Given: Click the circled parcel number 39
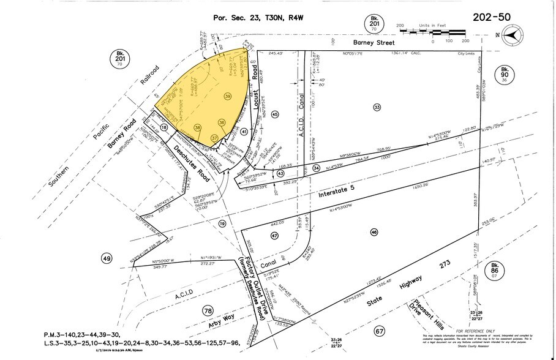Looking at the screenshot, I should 227,97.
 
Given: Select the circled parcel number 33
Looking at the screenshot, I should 377,107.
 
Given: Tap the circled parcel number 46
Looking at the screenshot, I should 373,231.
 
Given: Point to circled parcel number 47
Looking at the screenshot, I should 274,236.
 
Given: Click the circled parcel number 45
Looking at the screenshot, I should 275,114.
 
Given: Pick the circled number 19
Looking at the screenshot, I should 222,225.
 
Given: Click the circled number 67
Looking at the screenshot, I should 379,331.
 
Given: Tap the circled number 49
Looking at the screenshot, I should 107,260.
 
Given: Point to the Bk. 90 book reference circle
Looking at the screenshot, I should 505,75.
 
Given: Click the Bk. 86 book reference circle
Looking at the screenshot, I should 495,270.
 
